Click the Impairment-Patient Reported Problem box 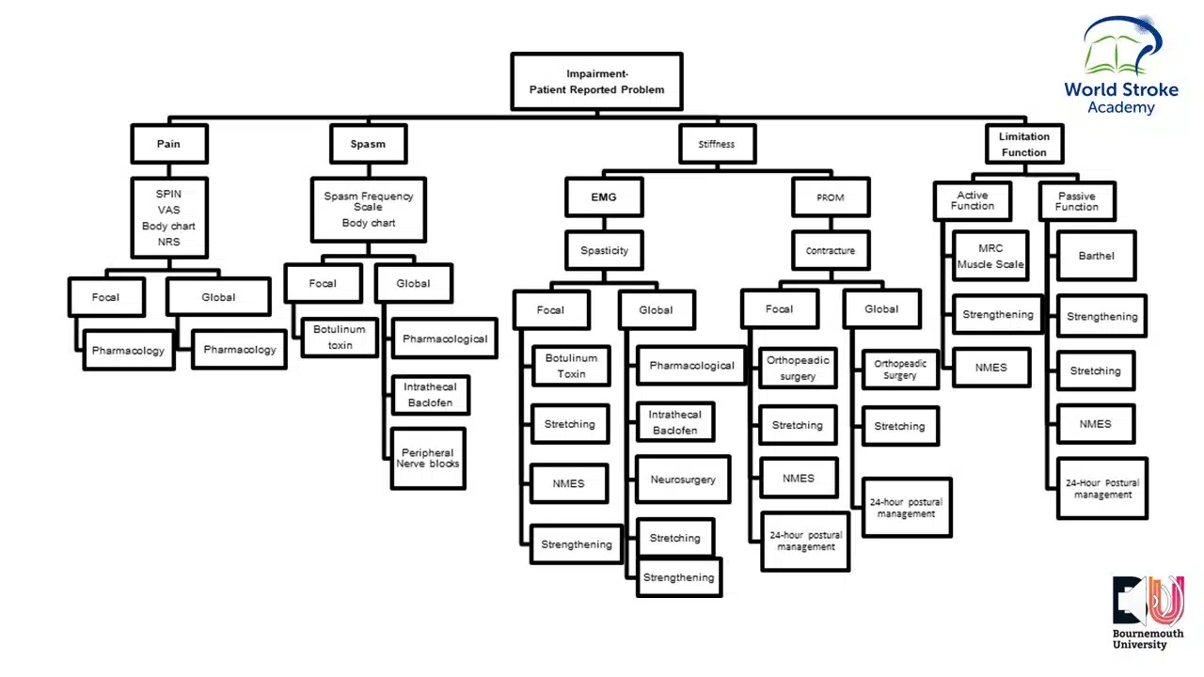coord(596,82)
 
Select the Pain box coord(168,144)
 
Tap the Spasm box coord(368,144)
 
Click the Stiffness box coord(716,144)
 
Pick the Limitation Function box coord(1023,145)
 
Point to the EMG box coord(604,197)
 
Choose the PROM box coord(830,197)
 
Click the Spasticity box coord(604,251)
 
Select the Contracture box coord(830,251)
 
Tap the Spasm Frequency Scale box coord(368,209)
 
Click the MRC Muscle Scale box coord(990,256)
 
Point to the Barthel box coord(1096,256)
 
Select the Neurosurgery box coord(682,480)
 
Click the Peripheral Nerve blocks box coord(428,458)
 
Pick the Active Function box coord(972,201)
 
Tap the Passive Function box coord(1076,201)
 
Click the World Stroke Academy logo coord(1121,66)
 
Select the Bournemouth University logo coord(1148,611)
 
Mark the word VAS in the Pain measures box coord(168,210)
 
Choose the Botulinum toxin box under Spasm coord(340,338)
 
